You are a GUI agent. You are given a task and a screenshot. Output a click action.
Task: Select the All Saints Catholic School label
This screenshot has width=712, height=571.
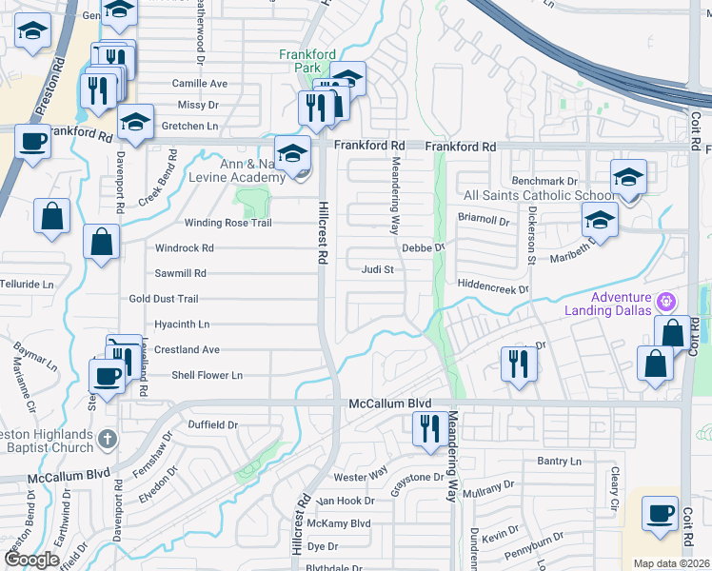[x=526, y=195]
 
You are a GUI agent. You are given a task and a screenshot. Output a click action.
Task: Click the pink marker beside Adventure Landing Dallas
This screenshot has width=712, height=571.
[x=667, y=301]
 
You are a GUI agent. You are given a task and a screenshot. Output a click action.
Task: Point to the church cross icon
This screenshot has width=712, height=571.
[x=109, y=439]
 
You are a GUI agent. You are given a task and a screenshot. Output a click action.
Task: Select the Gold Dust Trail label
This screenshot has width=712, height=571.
[x=163, y=299]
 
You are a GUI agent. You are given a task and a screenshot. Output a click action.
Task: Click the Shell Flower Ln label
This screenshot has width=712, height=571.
[x=207, y=376]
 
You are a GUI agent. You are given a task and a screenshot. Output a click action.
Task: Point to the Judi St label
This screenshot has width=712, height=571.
[x=377, y=269]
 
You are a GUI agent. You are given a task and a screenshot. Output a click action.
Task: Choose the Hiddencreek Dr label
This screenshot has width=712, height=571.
[x=492, y=285]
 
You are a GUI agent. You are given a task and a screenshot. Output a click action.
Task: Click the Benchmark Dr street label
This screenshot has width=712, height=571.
[x=544, y=181]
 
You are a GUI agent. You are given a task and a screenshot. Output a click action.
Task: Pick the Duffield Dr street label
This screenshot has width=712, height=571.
[x=211, y=424]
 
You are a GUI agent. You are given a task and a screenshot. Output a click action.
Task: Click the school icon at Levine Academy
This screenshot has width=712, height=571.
[x=292, y=153]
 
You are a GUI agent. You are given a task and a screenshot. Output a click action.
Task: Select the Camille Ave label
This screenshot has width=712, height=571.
[x=200, y=84]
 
